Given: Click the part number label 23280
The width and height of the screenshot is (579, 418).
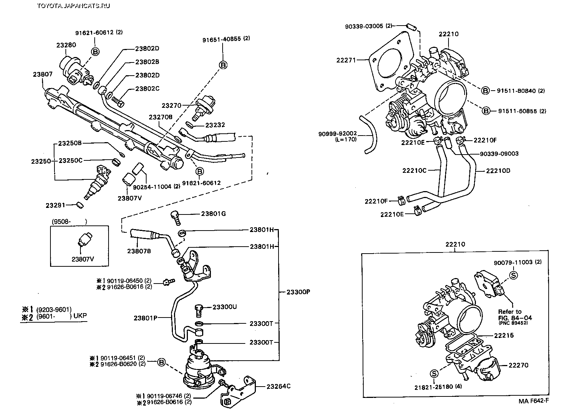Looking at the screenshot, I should click(x=66, y=45).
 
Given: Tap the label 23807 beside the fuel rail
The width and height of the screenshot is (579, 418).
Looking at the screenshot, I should click(x=43, y=74).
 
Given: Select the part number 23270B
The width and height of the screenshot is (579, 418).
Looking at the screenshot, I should click(x=160, y=117).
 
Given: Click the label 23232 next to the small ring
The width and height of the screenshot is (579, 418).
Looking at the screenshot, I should click(x=215, y=125).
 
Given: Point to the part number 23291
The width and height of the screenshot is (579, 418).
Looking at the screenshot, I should click(x=56, y=206).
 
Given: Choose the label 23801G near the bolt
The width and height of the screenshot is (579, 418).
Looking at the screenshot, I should click(x=213, y=213).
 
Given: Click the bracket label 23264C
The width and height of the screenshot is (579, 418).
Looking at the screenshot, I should click(x=279, y=386).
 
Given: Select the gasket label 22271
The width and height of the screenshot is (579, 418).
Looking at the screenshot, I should click(x=346, y=60).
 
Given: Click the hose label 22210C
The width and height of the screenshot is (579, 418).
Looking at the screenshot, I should click(x=415, y=170).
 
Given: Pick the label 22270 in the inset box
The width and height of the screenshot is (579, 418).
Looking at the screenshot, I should click(x=519, y=365).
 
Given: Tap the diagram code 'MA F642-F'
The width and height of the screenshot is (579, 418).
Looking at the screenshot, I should click(x=533, y=400).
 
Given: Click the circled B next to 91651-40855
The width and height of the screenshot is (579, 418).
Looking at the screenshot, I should click(x=223, y=65).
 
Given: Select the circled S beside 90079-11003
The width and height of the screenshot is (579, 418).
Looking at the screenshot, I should click(x=513, y=275).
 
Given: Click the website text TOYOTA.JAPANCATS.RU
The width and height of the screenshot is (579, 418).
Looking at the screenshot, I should click(x=73, y=5).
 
